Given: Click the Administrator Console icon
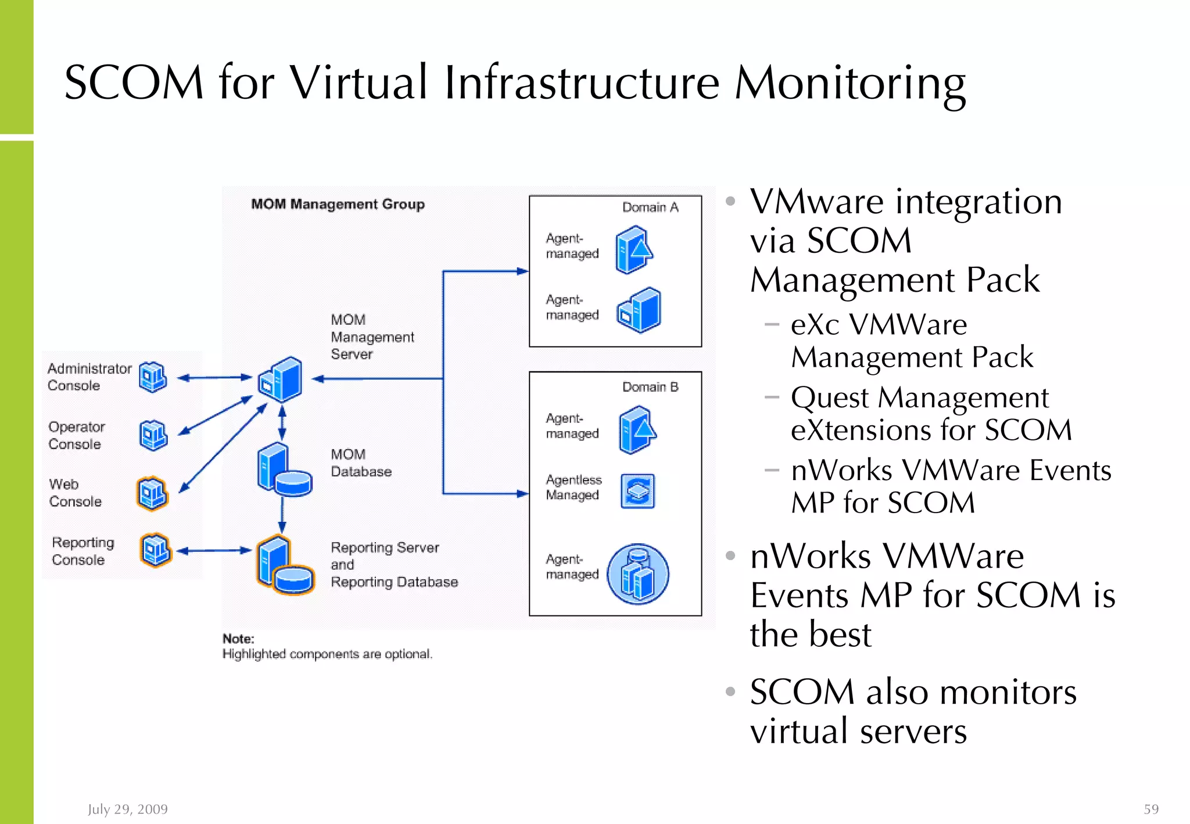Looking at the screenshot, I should click(153, 377).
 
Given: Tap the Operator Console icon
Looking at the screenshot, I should click(153, 435).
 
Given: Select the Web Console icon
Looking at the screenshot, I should click(153, 493).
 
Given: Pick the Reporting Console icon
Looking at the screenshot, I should click(156, 550).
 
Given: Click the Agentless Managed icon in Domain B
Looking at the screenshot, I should click(637, 491).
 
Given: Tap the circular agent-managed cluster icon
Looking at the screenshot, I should click(638, 574).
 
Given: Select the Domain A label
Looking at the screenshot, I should click(650, 207).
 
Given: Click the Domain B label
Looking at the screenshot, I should click(650, 387).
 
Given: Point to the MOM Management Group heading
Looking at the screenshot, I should click(338, 204).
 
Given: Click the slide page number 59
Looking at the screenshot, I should click(1151, 809).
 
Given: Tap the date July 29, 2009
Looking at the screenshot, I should click(128, 809).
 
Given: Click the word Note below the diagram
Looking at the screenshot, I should click(238, 639).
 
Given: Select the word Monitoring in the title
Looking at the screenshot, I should click(850, 83).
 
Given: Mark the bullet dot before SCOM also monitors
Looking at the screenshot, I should click(730, 692).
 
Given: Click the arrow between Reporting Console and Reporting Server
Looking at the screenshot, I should click(214, 551).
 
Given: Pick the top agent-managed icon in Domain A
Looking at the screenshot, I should click(634, 250).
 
